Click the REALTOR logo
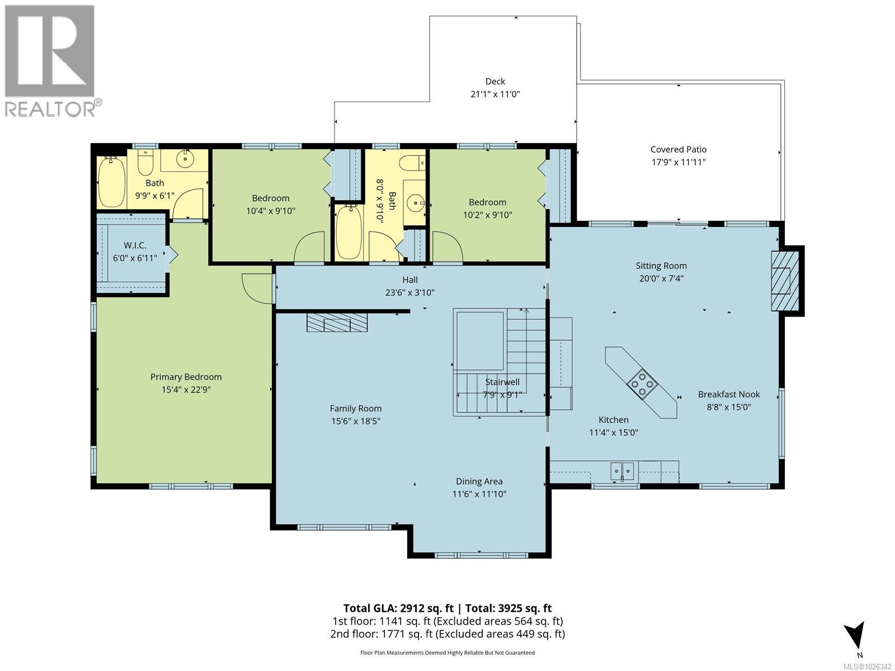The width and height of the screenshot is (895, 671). pyautogui.click(x=53, y=61)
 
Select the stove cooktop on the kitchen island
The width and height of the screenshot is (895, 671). pyautogui.click(x=642, y=383)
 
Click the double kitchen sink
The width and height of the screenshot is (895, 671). pyautogui.click(x=622, y=471)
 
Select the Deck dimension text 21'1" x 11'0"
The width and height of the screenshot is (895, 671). pyautogui.click(x=496, y=94)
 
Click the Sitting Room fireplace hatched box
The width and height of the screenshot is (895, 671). pyautogui.click(x=784, y=281)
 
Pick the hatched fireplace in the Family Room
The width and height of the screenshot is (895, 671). pyautogui.click(x=338, y=322)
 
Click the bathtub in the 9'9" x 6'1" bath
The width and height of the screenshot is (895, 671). pyautogui.click(x=111, y=182)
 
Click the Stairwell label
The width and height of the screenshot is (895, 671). pyautogui.click(x=502, y=382)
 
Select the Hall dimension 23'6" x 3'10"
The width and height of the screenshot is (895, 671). pyautogui.click(x=410, y=292)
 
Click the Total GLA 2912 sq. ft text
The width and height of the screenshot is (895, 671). pyautogui.click(x=398, y=608)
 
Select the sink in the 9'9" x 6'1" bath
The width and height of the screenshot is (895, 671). pyautogui.click(x=186, y=158)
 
